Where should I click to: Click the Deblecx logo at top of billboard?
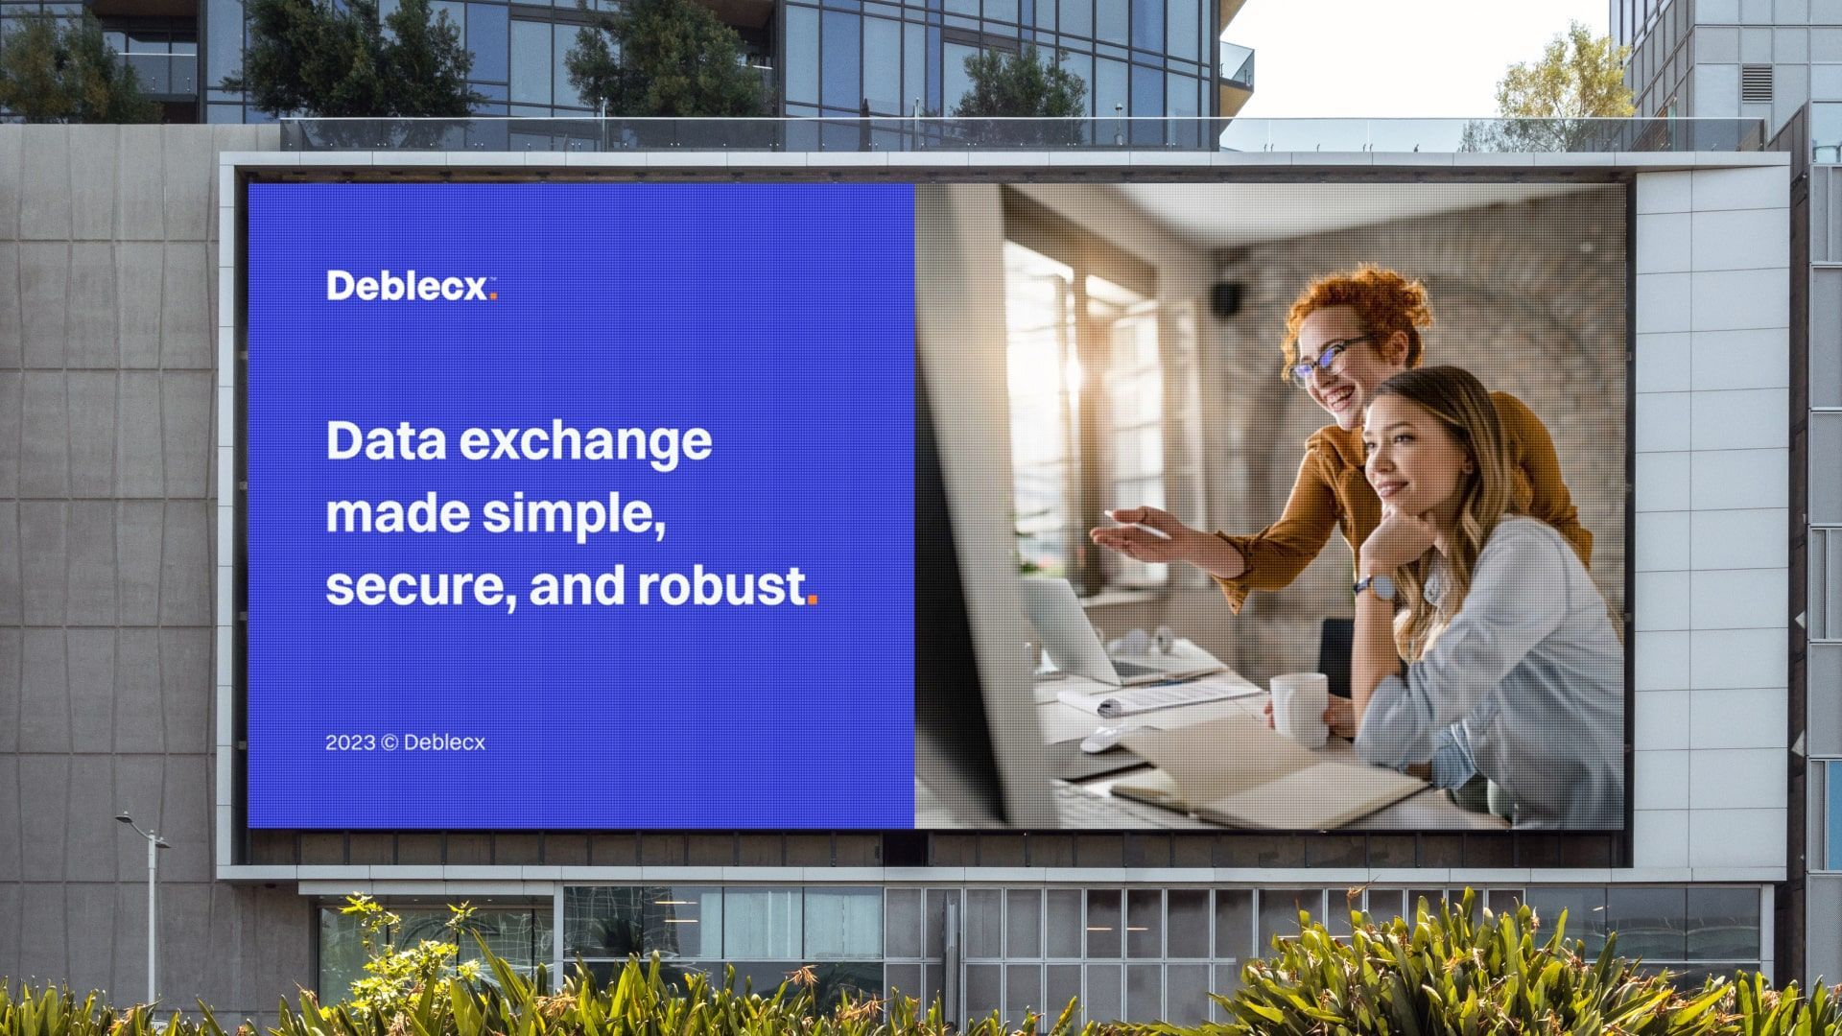pyautogui.click(x=412, y=286)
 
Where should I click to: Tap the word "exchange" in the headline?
pyautogui.click(x=585, y=442)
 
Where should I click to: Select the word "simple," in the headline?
pyautogui.click(x=574, y=516)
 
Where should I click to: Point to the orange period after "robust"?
pyautogui.click(x=812, y=600)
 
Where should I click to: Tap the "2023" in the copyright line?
pyautogui.click(x=350, y=742)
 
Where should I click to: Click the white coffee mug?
pyautogui.click(x=1296, y=709)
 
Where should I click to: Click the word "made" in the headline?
pyautogui.click(x=396, y=514)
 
